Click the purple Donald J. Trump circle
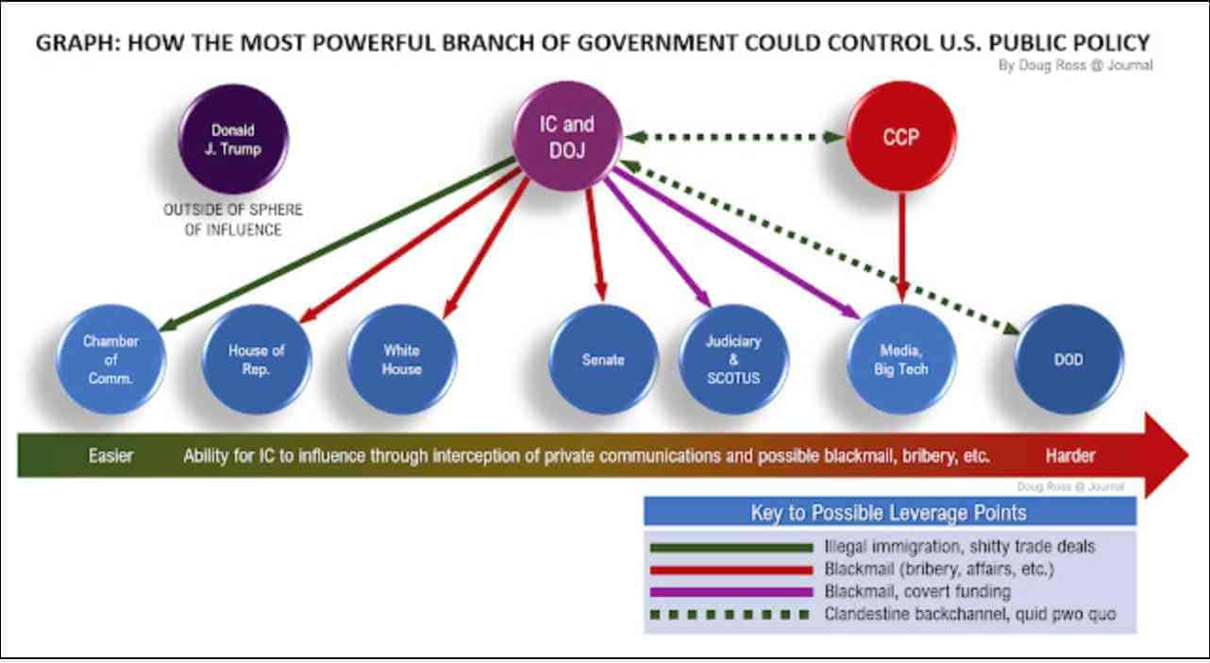point(233,139)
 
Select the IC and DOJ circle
point(566,135)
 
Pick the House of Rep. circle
point(256,359)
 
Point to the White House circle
point(401,359)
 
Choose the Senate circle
point(603,359)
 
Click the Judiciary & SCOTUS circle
point(733,359)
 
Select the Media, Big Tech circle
point(900,359)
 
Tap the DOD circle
point(1069,359)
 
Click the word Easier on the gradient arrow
point(111,456)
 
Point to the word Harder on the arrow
point(1069,456)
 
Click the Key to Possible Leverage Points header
point(889,513)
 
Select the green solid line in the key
point(731,546)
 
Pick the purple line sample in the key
point(731,592)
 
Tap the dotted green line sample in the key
point(731,615)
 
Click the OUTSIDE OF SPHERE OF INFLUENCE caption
point(233,220)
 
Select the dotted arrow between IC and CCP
point(733,137)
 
